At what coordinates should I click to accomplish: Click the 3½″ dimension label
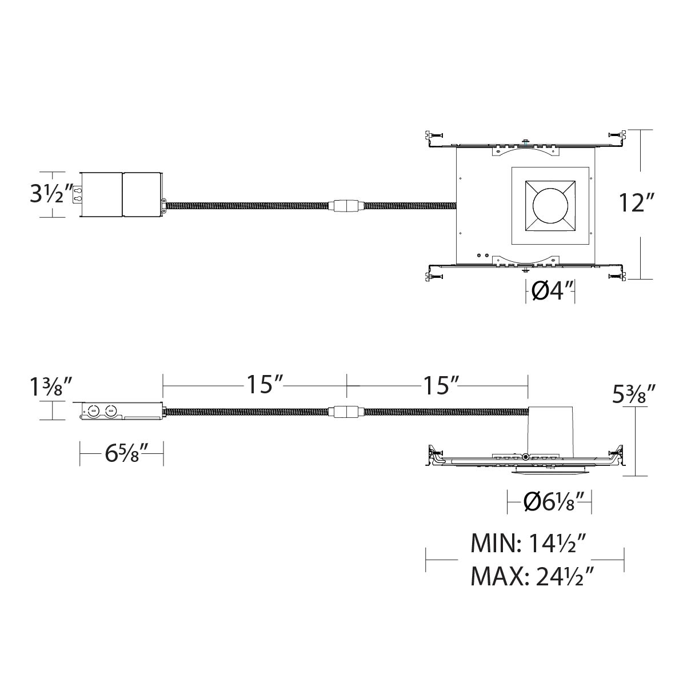click(51, 194)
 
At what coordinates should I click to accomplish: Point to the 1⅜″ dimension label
click(52, 388)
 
